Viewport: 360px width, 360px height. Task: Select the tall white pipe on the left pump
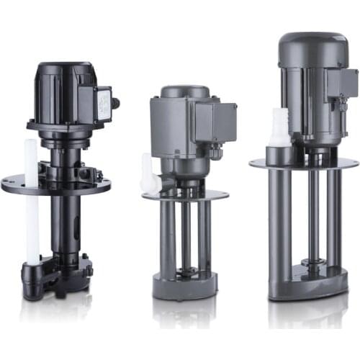(32, 202)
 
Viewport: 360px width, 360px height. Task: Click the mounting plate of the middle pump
(186, 195)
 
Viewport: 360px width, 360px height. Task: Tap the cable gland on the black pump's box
(115, 103)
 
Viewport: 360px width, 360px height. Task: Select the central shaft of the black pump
(63, 223)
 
